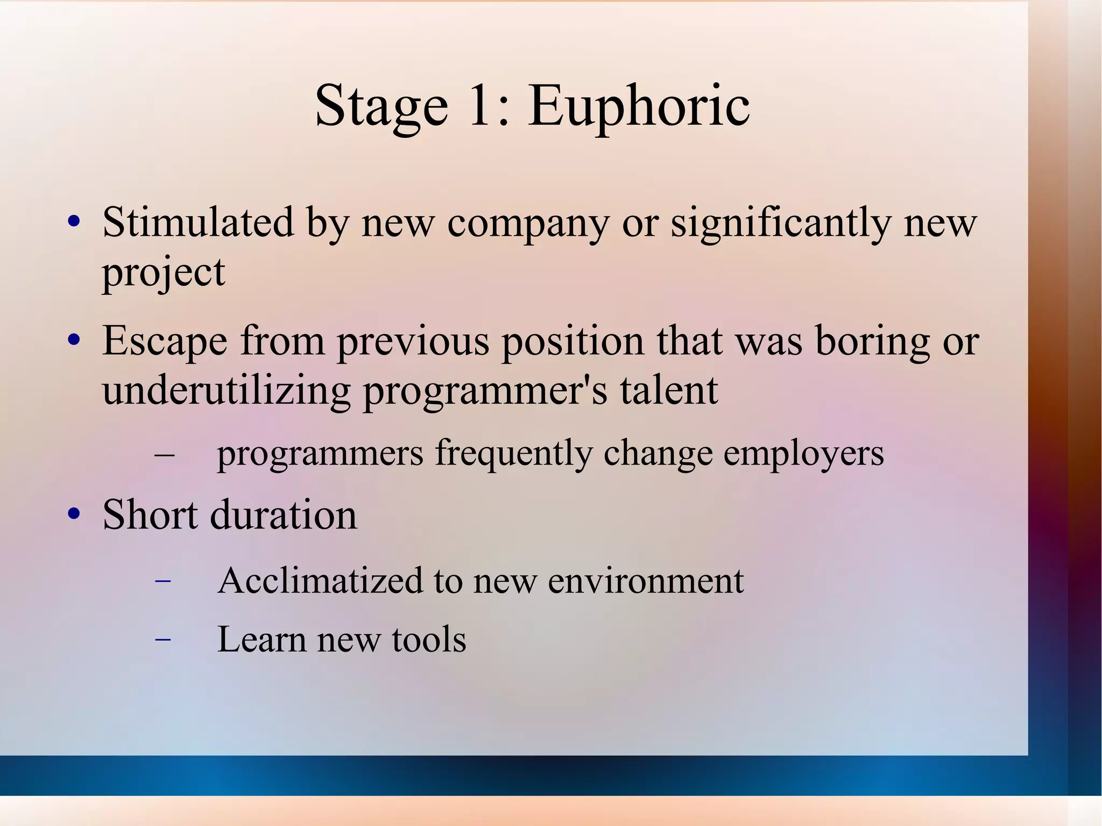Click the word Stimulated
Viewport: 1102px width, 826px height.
click(x=198, y=222)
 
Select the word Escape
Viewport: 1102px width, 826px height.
click(x=165, y=341)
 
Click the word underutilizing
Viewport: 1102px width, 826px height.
click(x=226, y=391)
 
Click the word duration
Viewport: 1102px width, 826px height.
click(x=283, y=515)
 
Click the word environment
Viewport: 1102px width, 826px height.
click(x=645, y=581)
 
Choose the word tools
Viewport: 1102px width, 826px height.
click(x=429, y=640)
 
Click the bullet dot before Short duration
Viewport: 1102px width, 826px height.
click(x=74, y=514)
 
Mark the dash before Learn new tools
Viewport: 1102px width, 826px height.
click(x=163, y=640)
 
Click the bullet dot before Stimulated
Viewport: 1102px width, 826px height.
click(x=74, y=222)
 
